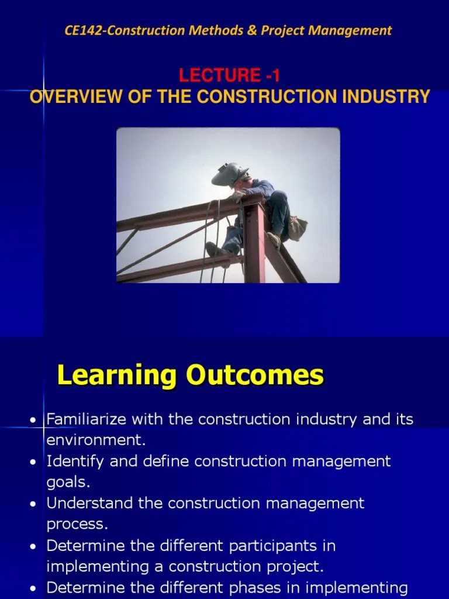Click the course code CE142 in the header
click(x=82, y=31)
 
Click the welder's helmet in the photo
click(x=230, y=175)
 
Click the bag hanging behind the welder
click(x=296, y=228)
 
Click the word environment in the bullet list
click(x=94, y=440)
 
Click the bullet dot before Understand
click(x=33, y=504)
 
